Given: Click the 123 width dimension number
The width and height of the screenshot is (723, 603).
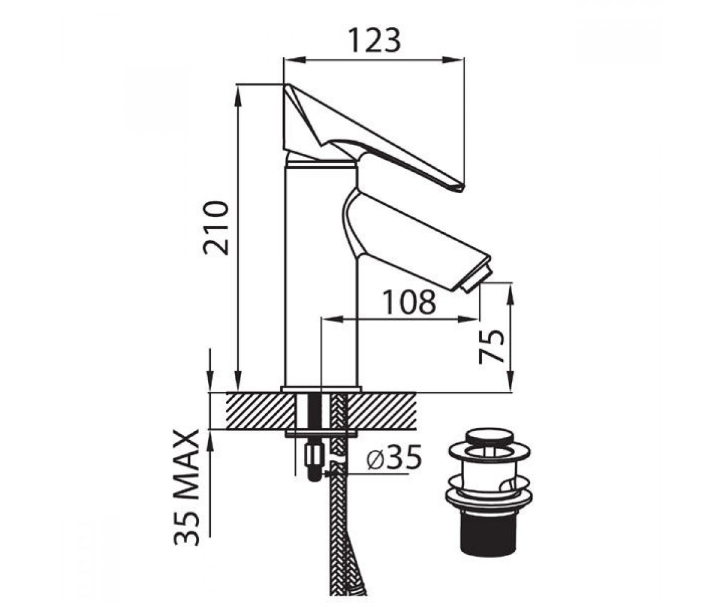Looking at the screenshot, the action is coord(375,40).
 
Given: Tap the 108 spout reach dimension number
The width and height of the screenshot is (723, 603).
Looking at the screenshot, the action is coord(410,302).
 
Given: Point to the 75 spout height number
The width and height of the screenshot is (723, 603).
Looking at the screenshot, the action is coord(491,347).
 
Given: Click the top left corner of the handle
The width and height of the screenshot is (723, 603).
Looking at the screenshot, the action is coord(284,84).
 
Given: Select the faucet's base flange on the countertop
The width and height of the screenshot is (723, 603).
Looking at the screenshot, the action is coord(321,389).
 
